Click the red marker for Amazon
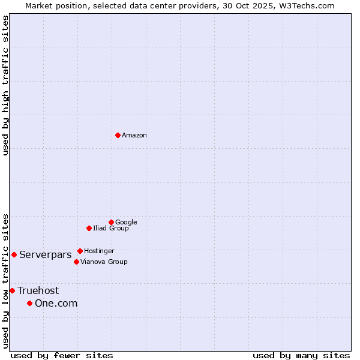point(118,135)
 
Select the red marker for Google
point(111,222)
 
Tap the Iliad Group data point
point(89,228)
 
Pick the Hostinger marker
point(80,251)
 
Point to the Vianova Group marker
point(76,262)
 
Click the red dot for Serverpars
point(14,254)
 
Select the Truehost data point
point(12,290)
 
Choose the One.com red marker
point(29,303)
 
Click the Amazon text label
point(134,136)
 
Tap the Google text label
point(126,222)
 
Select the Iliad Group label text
point(111,228)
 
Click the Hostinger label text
point(99,251)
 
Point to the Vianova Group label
point(104,262)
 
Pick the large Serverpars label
point(45,254)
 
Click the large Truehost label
point(38,290)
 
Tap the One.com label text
point(56,303)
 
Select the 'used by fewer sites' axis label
point(62,355)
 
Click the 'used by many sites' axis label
point(301,355)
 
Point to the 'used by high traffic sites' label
point(5,85)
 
